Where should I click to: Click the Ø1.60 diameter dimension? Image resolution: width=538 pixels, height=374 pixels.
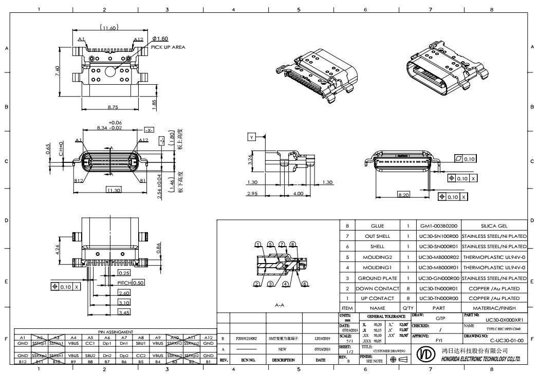coord(161,39)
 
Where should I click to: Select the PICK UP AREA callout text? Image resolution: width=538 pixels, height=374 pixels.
coord(168,47)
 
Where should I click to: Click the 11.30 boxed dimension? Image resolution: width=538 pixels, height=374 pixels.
coord(114,191)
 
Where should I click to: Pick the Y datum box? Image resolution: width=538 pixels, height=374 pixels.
coord(251,137)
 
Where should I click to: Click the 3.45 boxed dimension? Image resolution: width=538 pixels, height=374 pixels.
coord(124,312)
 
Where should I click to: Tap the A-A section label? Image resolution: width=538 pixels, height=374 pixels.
coord(278,304)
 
